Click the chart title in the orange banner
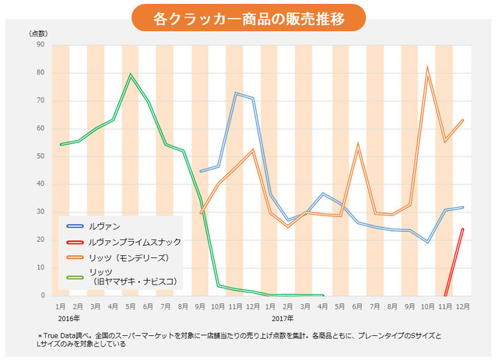coord(248,17)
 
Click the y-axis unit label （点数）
coord(38,33)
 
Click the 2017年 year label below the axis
coord(283,318)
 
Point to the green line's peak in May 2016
coord(131,75)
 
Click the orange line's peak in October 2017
coord(427,68)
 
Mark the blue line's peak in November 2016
coord(235,93)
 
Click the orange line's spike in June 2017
coord(357,144)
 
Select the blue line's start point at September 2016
coord(200,171)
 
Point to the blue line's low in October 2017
coord(427,242)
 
